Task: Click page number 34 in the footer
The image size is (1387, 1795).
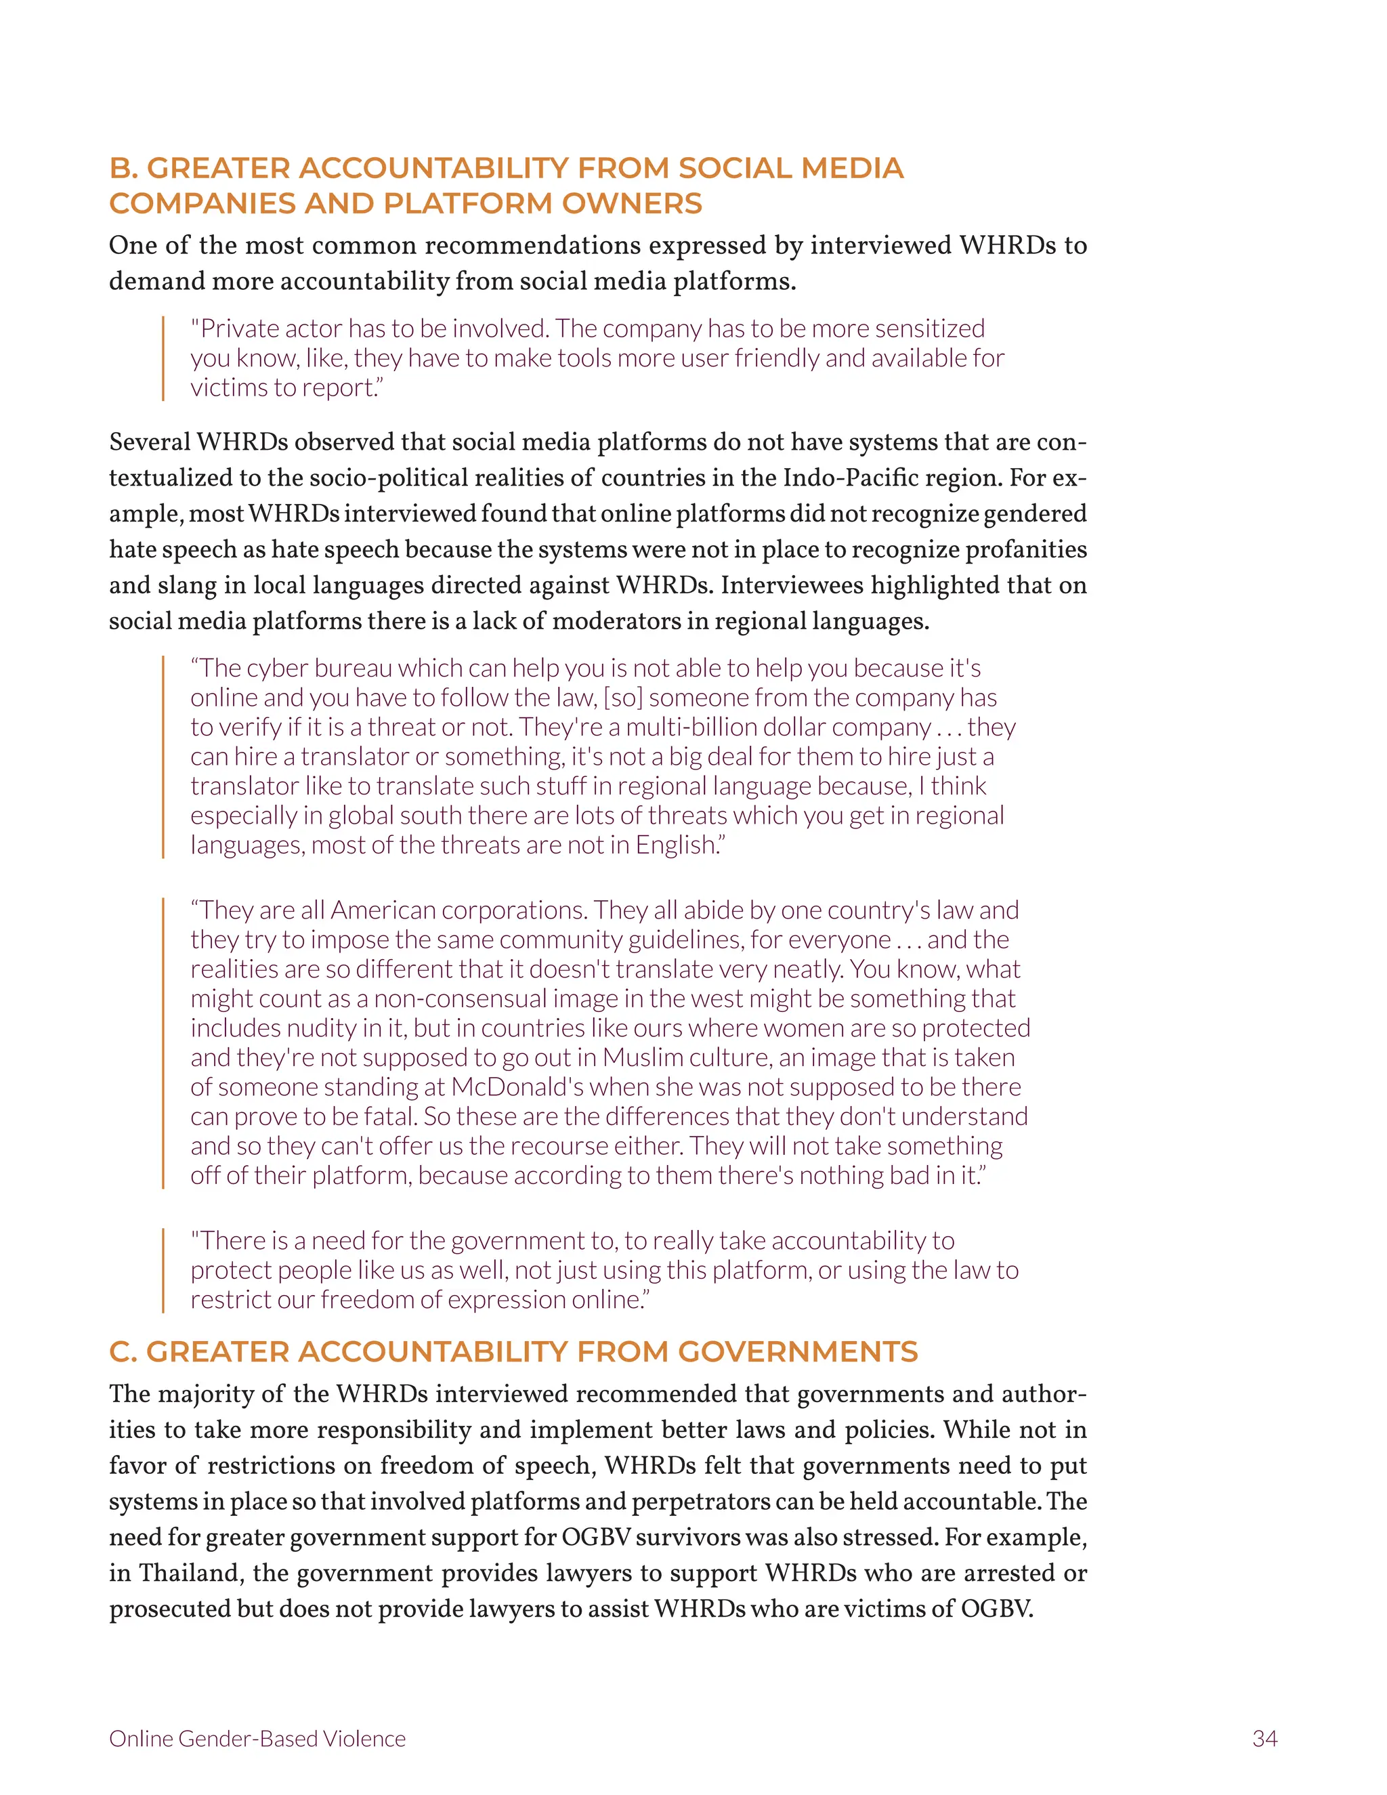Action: coord(1264,1738)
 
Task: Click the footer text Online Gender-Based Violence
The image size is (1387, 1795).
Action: coord(257,1738)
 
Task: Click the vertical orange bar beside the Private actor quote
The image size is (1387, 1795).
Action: coord(163,358)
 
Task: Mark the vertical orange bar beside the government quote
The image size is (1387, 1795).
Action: coord(163,1270)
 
